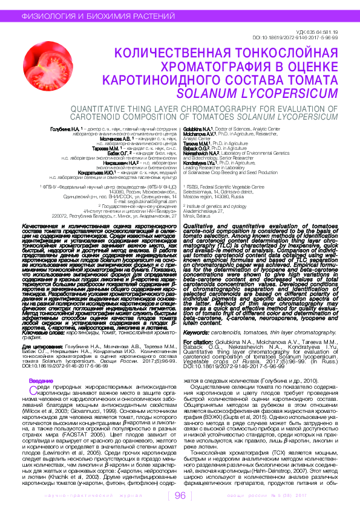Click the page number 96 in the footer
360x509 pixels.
pos(180,496)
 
